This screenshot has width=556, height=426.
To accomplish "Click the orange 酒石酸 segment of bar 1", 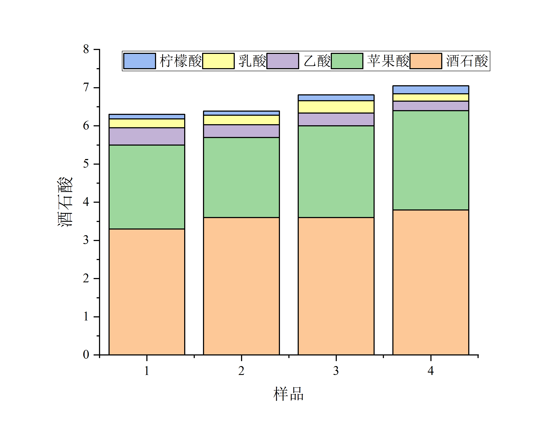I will click(x=147, y=292).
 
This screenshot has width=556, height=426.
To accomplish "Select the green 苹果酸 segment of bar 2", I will click(x=241, y=177).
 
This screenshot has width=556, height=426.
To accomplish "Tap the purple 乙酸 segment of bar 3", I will click(x=336, y=119).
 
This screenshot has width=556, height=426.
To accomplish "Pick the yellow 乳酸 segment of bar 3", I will click(x=336, y=107).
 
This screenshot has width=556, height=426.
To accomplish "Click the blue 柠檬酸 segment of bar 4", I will click(x=431, y=90).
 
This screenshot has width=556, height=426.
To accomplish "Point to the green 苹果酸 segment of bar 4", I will click(x=431, y=160).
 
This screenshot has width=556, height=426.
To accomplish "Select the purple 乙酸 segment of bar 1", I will click(x=147, y=137).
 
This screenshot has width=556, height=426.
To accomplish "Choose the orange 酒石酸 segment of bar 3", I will click(x=336, y=286).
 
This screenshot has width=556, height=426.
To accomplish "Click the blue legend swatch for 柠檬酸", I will click(x=140, y=61).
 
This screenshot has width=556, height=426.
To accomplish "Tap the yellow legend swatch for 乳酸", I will click(x=218, y=61).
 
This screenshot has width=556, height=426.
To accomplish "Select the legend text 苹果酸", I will click(x=388, y=61).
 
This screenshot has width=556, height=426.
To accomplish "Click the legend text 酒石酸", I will click(x=467, y=61).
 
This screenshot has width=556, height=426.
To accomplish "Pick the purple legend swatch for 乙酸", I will click(x=283, y=61).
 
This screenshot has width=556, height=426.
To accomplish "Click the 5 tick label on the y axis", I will click(x=86, y=164).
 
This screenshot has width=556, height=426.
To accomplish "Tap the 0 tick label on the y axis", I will click(x=86, y=354).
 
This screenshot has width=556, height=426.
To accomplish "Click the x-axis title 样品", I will click(x=288, y=394).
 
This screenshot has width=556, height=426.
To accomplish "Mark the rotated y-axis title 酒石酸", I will click(x=65, y=202).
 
